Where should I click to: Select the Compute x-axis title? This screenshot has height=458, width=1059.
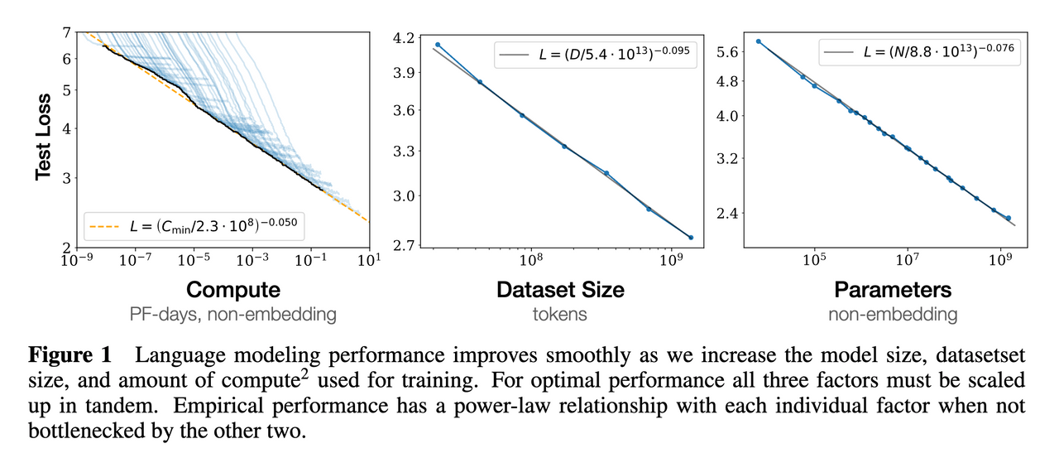point(232,290)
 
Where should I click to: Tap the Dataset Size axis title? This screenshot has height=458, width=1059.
point(560,290)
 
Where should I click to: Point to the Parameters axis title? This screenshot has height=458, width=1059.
point(892,290)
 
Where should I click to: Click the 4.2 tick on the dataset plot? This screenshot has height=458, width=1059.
point(410,37)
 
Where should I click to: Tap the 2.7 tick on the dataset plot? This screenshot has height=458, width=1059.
point(410,247)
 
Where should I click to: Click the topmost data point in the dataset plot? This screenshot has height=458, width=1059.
point(438,45)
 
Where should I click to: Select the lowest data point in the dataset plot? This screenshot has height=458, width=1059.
point(690,238)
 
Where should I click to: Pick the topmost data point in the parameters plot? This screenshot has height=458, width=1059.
point(758,41)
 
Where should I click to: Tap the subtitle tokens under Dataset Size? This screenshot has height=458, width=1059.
point(560,315)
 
